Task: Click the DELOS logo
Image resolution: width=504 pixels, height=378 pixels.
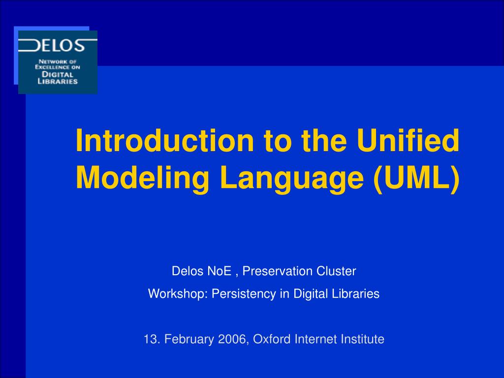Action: pyautogui.click(x=58, y=62)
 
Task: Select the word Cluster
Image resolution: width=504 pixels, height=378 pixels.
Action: pyautogui.click(x=334, y=271)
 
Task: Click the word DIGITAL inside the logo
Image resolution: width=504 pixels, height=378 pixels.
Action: pyautogui.click(x=58, y=74)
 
